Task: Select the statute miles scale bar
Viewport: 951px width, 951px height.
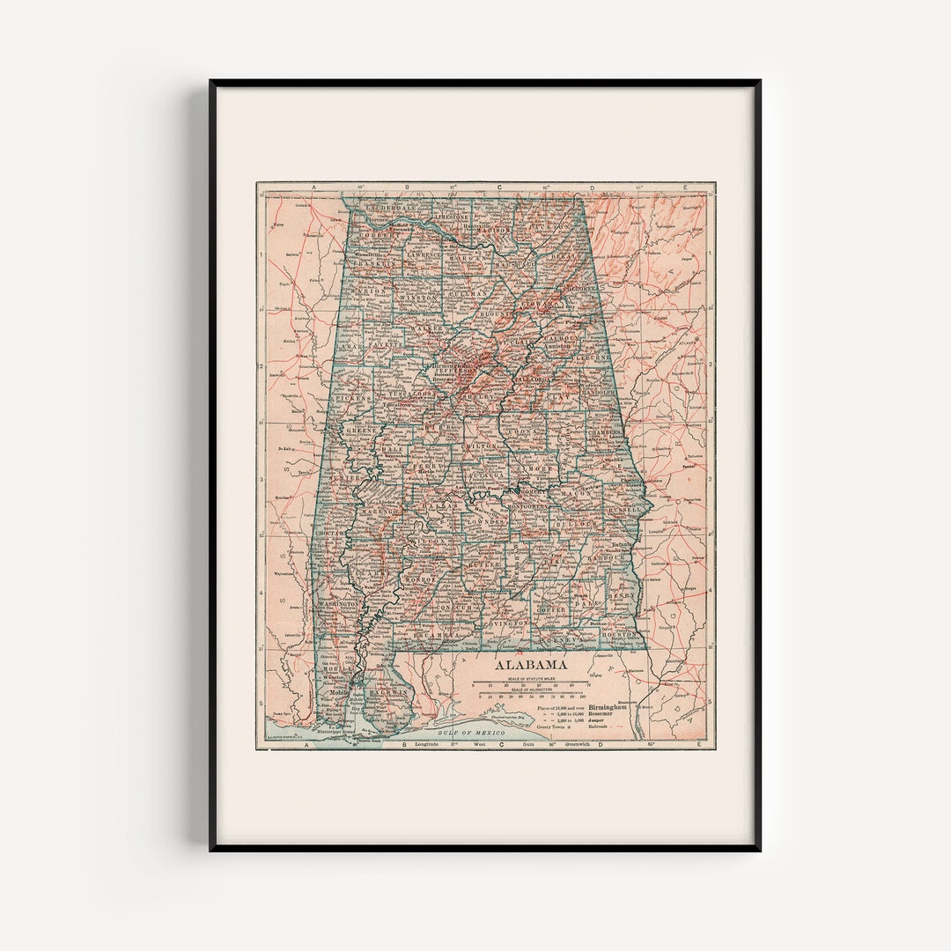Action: click(x=531, y=683)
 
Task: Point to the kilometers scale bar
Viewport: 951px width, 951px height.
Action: click(x=531, y=696)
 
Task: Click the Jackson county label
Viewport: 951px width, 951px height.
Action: click(x=552, y=226)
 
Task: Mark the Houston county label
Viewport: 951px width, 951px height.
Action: click(x=619, y=633)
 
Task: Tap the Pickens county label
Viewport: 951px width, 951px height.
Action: click(x=354, y=398)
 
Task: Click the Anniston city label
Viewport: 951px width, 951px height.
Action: click(x=557, y=346)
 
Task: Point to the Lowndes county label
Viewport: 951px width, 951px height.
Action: click(x=487, y=521)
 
